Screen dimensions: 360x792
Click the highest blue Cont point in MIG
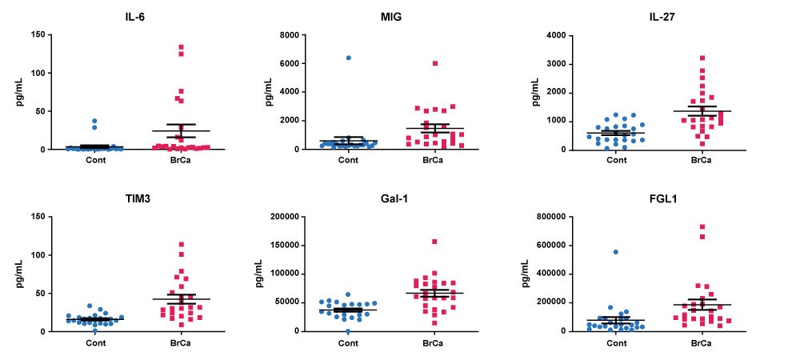[x=348, y=58]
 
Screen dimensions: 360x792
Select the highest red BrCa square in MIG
[x=435, y=63]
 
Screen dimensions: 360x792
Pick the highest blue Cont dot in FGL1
[x=616, y=252]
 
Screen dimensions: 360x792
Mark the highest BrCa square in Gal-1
[x=434, y=242]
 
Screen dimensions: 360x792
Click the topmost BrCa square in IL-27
[x=702, y=58]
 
